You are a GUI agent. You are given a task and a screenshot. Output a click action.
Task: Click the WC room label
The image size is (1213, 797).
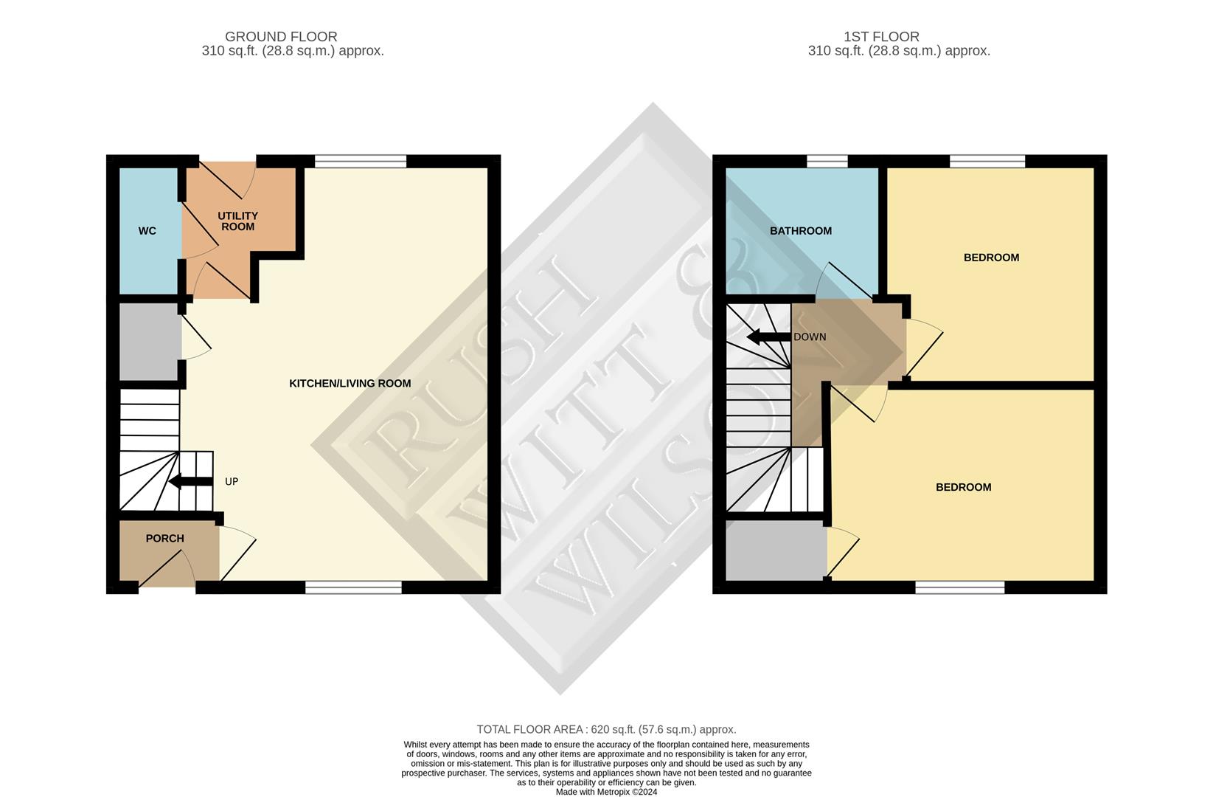(x=147, y=231)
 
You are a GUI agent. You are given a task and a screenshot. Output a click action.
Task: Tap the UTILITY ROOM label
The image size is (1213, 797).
(x=237, y=221)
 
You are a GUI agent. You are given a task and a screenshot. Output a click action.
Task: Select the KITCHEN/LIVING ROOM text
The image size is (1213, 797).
(x=350, y=383)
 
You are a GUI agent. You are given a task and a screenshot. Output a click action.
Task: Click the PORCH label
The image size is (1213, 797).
(x=164, y=538)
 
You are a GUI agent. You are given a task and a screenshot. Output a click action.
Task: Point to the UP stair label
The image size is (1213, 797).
(x=232, y=482)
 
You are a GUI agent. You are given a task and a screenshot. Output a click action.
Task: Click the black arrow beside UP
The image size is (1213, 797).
(x=190, y=482)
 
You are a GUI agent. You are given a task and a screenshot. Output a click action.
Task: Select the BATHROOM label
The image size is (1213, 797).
(x=800, y=231)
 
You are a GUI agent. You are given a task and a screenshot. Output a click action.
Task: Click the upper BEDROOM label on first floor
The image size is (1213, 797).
(x=991, y=258)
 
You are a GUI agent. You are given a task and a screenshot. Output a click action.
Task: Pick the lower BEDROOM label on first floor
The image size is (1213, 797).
(x=963, y=487)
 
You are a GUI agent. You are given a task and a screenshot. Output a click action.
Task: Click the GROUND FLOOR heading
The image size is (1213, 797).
(x=281, y=36)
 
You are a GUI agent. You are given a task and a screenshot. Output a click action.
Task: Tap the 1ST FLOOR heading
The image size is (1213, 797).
(x=881, y=36)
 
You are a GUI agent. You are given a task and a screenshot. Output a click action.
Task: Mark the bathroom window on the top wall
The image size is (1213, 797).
(x=827, y=161)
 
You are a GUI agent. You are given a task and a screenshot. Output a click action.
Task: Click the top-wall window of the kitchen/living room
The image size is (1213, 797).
(x=361, y=161)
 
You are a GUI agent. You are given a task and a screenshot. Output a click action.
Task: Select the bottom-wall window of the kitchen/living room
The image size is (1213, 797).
(x=353, y=587)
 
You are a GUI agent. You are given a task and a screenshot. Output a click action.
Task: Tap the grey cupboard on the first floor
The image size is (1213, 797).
(x=776, y=550)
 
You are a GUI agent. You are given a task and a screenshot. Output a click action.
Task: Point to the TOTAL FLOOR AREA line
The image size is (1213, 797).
(x=606, y=729)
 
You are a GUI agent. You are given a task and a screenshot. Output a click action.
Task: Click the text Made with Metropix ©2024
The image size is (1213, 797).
(x=606, y=792)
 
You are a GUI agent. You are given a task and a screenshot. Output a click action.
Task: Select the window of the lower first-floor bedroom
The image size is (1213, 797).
(x=959, y=587)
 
